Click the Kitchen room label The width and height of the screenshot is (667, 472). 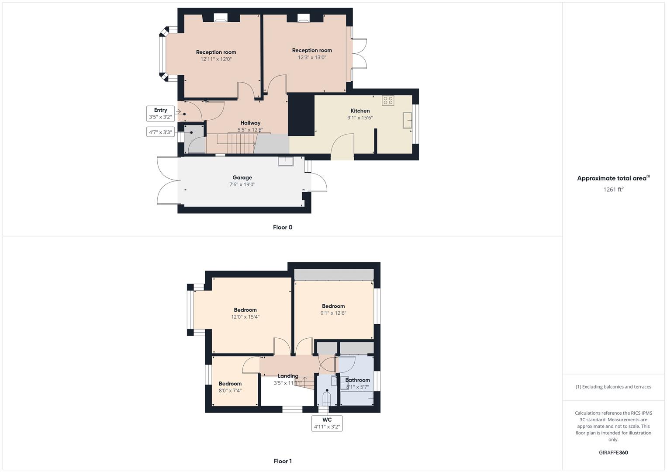tap(360, 111)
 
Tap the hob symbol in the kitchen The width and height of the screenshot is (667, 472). tap(388, 101)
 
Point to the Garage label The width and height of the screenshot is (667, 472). tap(242, 178)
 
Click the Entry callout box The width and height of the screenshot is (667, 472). tap(160, 114)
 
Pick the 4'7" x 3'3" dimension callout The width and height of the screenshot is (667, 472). tap(160, 132)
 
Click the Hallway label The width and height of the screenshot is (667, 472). tap(250, 123)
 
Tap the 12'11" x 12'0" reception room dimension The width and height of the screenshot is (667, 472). tap(216, 59)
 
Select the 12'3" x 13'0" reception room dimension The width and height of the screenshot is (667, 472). tap(312, 57)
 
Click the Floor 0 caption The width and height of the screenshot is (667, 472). tap(283, 227)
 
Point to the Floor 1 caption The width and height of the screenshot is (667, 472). tap(283, 461)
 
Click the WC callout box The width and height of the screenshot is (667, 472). tap(327, 423)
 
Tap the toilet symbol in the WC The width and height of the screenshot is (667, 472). tap(326, 398)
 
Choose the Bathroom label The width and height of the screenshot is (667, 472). tap(357, 380)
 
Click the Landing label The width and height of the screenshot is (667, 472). tap(288, 376)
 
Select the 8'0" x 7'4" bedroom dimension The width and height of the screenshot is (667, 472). tap(230, 391)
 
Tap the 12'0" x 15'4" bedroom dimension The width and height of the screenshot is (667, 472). tap(245, 317)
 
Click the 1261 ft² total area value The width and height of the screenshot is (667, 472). tap(613, 190)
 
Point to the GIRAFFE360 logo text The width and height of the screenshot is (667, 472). tap(613, 453)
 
